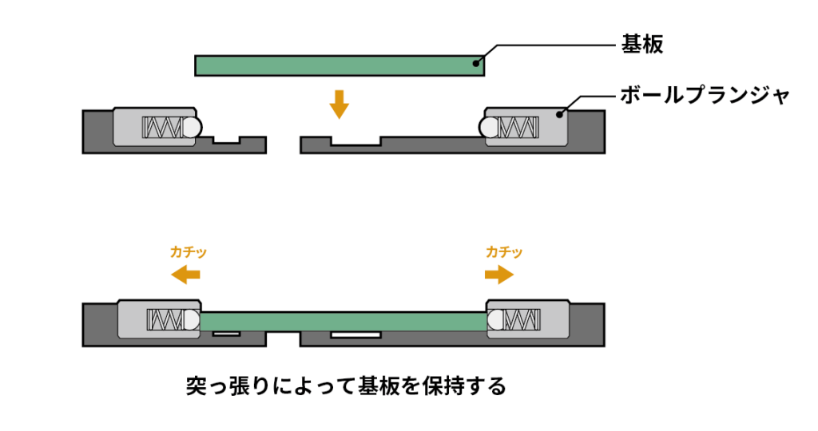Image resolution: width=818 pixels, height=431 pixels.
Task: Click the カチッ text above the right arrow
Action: [x=504, y=252]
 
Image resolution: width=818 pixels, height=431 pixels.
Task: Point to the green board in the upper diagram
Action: [x=340, y=65]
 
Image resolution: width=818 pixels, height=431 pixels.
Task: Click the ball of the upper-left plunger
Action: [x=192, y=127]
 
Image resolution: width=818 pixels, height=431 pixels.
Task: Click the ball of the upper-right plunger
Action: [x=488, y=127]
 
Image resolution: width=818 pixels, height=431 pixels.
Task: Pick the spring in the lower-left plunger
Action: [x=165, y=321]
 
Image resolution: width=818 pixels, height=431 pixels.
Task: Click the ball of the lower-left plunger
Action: [x=192, y=321]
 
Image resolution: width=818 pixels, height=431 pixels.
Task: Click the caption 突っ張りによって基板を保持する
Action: [x=346, y=387]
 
